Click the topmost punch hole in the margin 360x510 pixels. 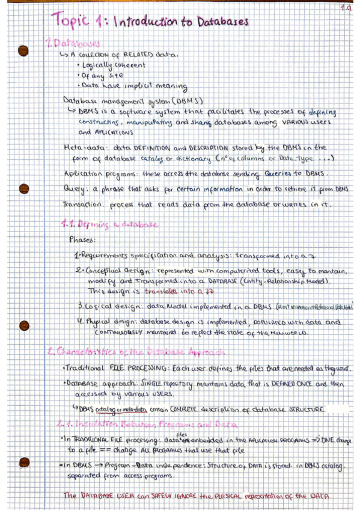24,50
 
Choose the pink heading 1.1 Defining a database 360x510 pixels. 110,224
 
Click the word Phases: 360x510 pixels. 82,239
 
